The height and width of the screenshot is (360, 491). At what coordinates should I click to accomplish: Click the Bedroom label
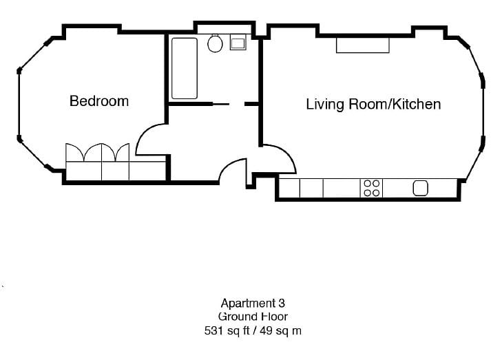(98, 101)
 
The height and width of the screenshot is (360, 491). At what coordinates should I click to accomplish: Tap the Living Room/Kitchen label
(373, 105)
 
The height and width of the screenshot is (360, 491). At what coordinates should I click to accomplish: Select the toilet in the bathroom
(215, 44)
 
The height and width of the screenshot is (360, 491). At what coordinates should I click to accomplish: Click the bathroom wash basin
(238, 43)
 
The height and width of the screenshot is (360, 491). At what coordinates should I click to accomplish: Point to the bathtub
(185, 68)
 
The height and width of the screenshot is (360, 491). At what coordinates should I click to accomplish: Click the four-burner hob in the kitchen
(371, 188)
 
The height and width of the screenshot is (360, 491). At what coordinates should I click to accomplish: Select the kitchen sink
(420, 188)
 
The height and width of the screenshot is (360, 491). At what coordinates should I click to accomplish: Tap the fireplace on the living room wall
(362, 45)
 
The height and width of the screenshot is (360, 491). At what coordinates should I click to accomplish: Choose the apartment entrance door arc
(233, 170)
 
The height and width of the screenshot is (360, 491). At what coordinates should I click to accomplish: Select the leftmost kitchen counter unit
(289, 188)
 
